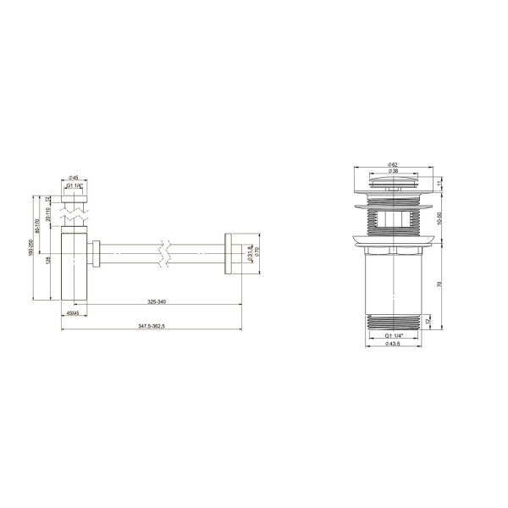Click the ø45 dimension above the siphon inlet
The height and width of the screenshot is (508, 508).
click(x=74, y=179)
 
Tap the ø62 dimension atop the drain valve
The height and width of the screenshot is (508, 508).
click(x=393, y=163)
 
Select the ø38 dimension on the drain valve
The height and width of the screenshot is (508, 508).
click(x=393, y=171)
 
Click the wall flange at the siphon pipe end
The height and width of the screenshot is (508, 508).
click(x=229, y=251)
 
